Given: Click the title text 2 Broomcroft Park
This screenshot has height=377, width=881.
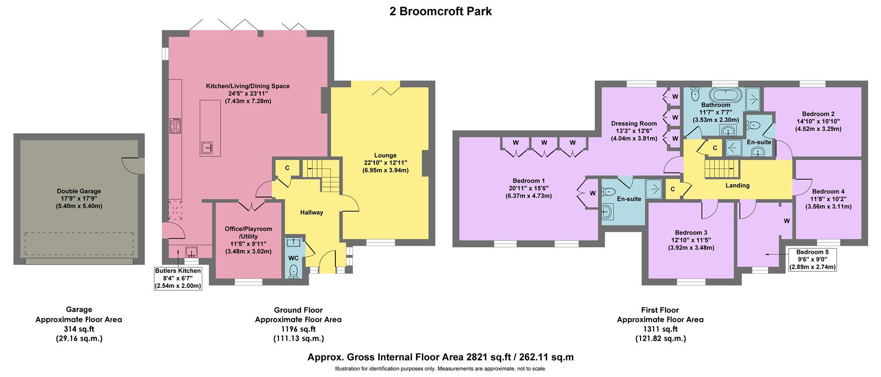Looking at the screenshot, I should (440, 11).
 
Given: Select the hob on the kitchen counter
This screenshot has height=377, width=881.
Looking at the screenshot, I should (175, 126).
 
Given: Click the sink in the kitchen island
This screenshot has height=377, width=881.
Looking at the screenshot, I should (206, 148).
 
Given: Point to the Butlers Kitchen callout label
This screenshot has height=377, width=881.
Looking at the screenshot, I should (178, 278).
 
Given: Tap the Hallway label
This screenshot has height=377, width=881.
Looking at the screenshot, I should (312, 212).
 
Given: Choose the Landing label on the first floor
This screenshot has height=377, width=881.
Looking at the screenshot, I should (737, 186).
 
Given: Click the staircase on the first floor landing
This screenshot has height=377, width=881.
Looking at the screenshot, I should (722, 169).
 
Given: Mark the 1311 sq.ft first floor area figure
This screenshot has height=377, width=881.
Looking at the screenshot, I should (660, 329).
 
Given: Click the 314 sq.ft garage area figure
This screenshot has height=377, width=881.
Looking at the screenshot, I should (79, 329).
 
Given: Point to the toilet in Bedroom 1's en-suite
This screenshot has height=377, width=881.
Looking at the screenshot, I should (609, 192).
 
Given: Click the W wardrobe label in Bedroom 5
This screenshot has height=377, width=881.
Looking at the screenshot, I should (786, 221).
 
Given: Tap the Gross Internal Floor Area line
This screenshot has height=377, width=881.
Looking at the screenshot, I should (440, 357).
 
